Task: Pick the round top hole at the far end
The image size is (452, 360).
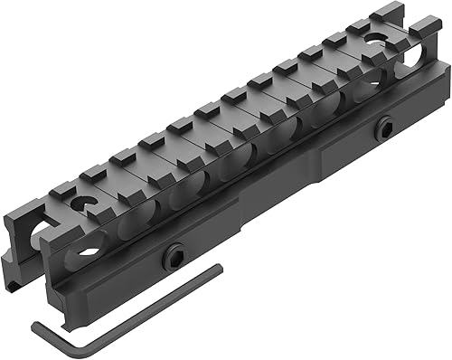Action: (x=372, y=39)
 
